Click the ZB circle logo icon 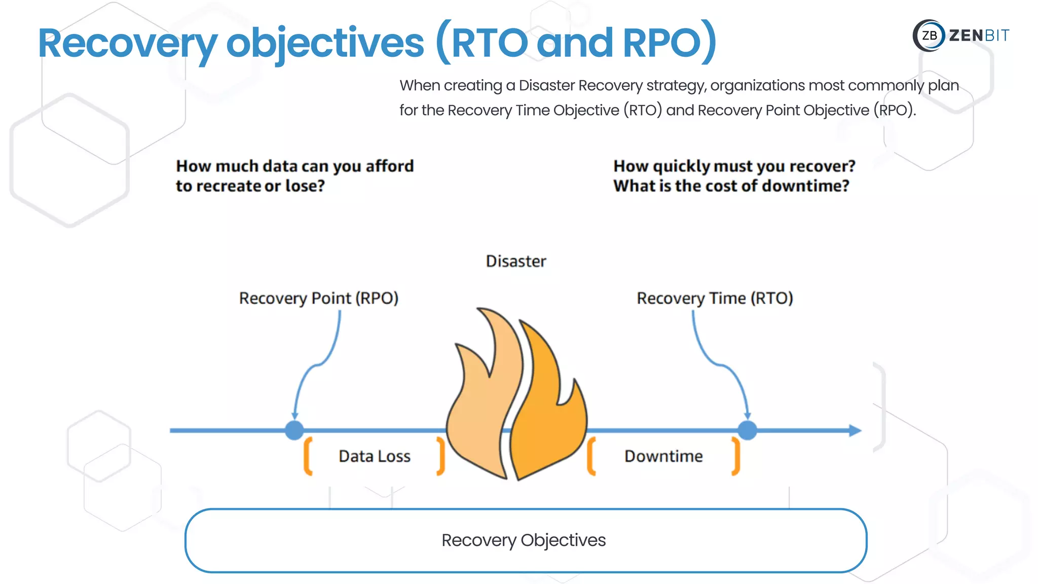pos(929,35)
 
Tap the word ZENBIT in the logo pos(979,35)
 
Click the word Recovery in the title pos(127,44)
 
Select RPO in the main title pos(661,43)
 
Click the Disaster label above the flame pos(515,261)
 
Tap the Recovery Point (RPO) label pos(318,298)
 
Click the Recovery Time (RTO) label pos(714,298)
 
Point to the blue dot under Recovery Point pos(294,430)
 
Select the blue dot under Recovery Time pos(747,430)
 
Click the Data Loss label pos(374,456)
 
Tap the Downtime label pos(663,456)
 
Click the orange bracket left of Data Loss pos(307,456)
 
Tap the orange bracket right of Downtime pos(736,456)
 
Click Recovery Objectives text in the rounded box pos(523,540)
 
